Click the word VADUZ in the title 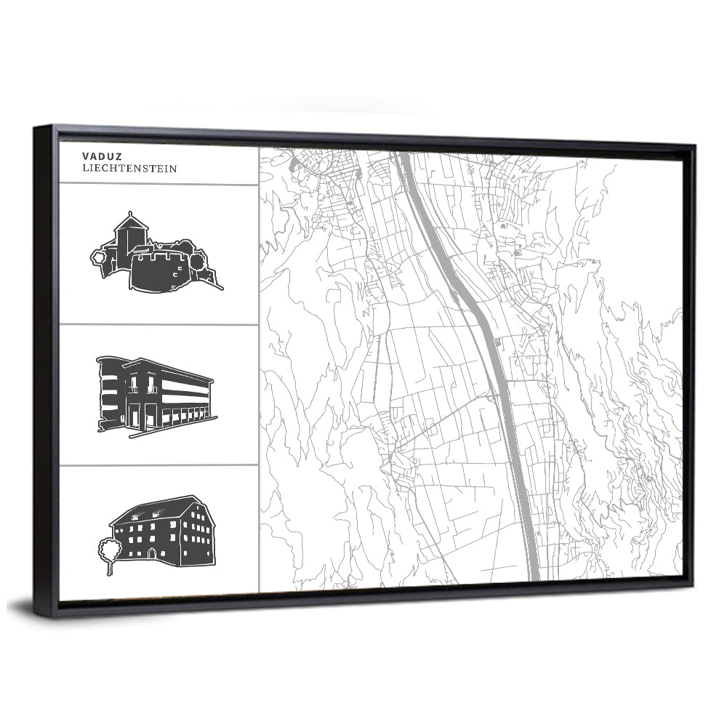pos(97,156)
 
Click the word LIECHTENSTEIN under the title pos(129,169)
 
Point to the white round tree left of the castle pos(98,256)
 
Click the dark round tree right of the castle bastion pos(198,256)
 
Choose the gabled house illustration pos(163,531)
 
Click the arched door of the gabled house pos(151,554)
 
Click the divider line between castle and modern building pos(158,324)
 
